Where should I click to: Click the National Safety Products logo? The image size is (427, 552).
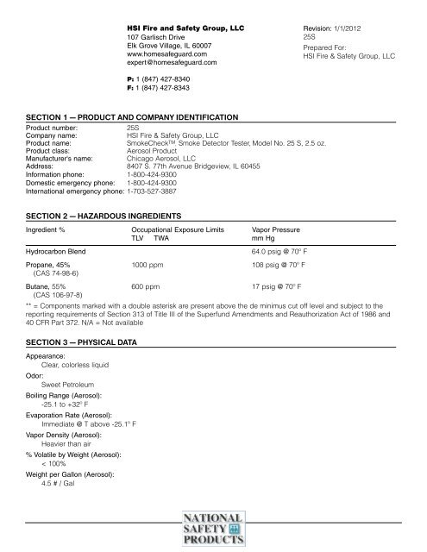(212, 527)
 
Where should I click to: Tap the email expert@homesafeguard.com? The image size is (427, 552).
(168, 62)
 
